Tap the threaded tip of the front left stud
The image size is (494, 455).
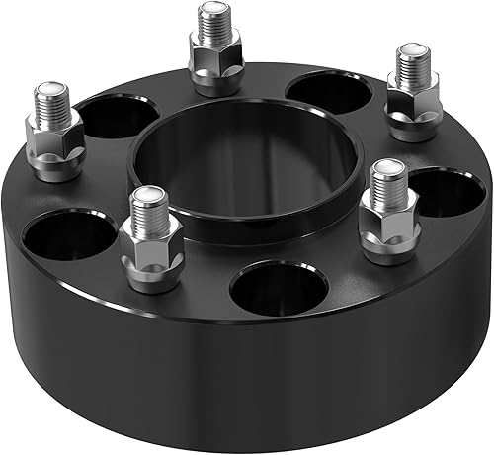coord(145,202)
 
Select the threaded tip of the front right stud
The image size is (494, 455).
coord(385,178)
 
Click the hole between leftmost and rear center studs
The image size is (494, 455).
coord(114,117)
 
